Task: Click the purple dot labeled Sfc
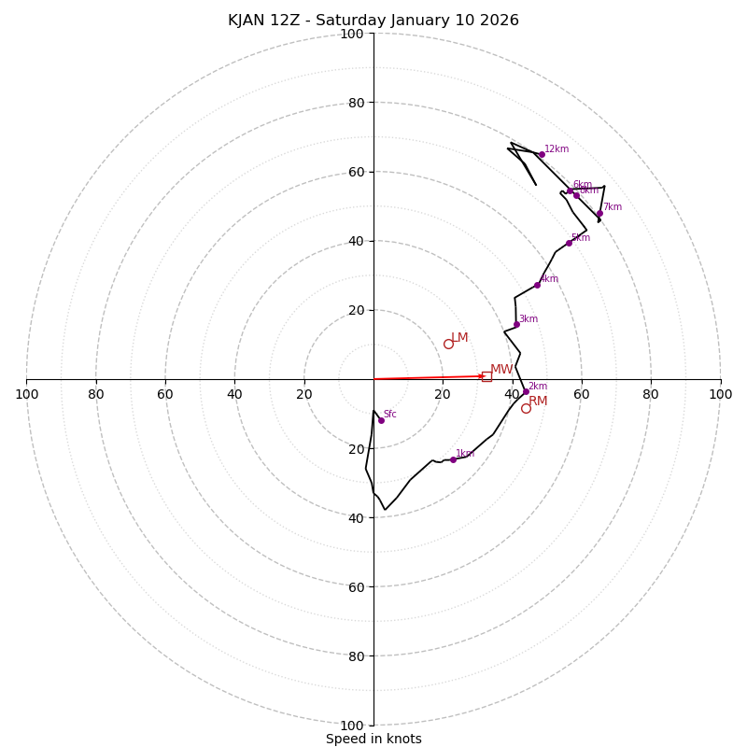point(381,420)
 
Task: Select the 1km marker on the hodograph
point(453,459)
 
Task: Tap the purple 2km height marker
point(526,392)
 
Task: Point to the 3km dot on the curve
point(516,325)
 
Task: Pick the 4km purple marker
point(537,285)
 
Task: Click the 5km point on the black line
point(569,243)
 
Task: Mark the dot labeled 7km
point(599,213)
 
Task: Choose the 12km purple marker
point(542,154)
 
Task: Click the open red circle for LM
point(448,344)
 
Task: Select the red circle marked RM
point(526,408)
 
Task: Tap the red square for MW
point(486,376)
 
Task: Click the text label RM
point(538,402)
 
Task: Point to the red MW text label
point(501,370)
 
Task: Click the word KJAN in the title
point(247,21)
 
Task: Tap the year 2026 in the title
point(500,21)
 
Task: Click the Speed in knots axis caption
point(373,739)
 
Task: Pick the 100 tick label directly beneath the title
point(352,34)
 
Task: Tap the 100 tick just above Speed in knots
point(352,725)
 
